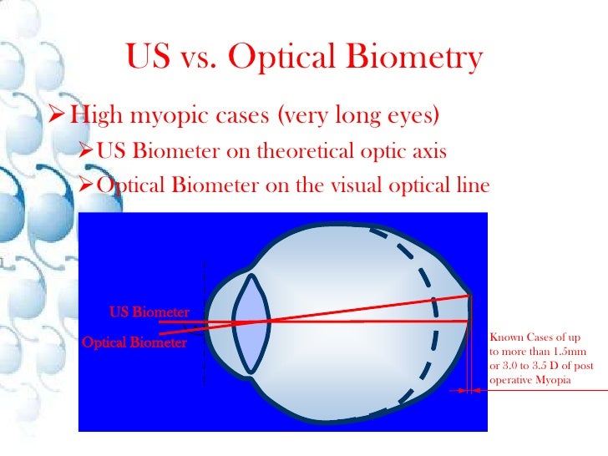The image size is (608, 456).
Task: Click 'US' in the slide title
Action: click(x=149, y=58)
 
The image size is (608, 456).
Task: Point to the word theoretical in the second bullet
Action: click(x=306, y=151)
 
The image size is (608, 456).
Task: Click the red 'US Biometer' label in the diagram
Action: click(x=149, y=313)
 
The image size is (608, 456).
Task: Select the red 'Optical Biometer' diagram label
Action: click(x=134, y=342)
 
